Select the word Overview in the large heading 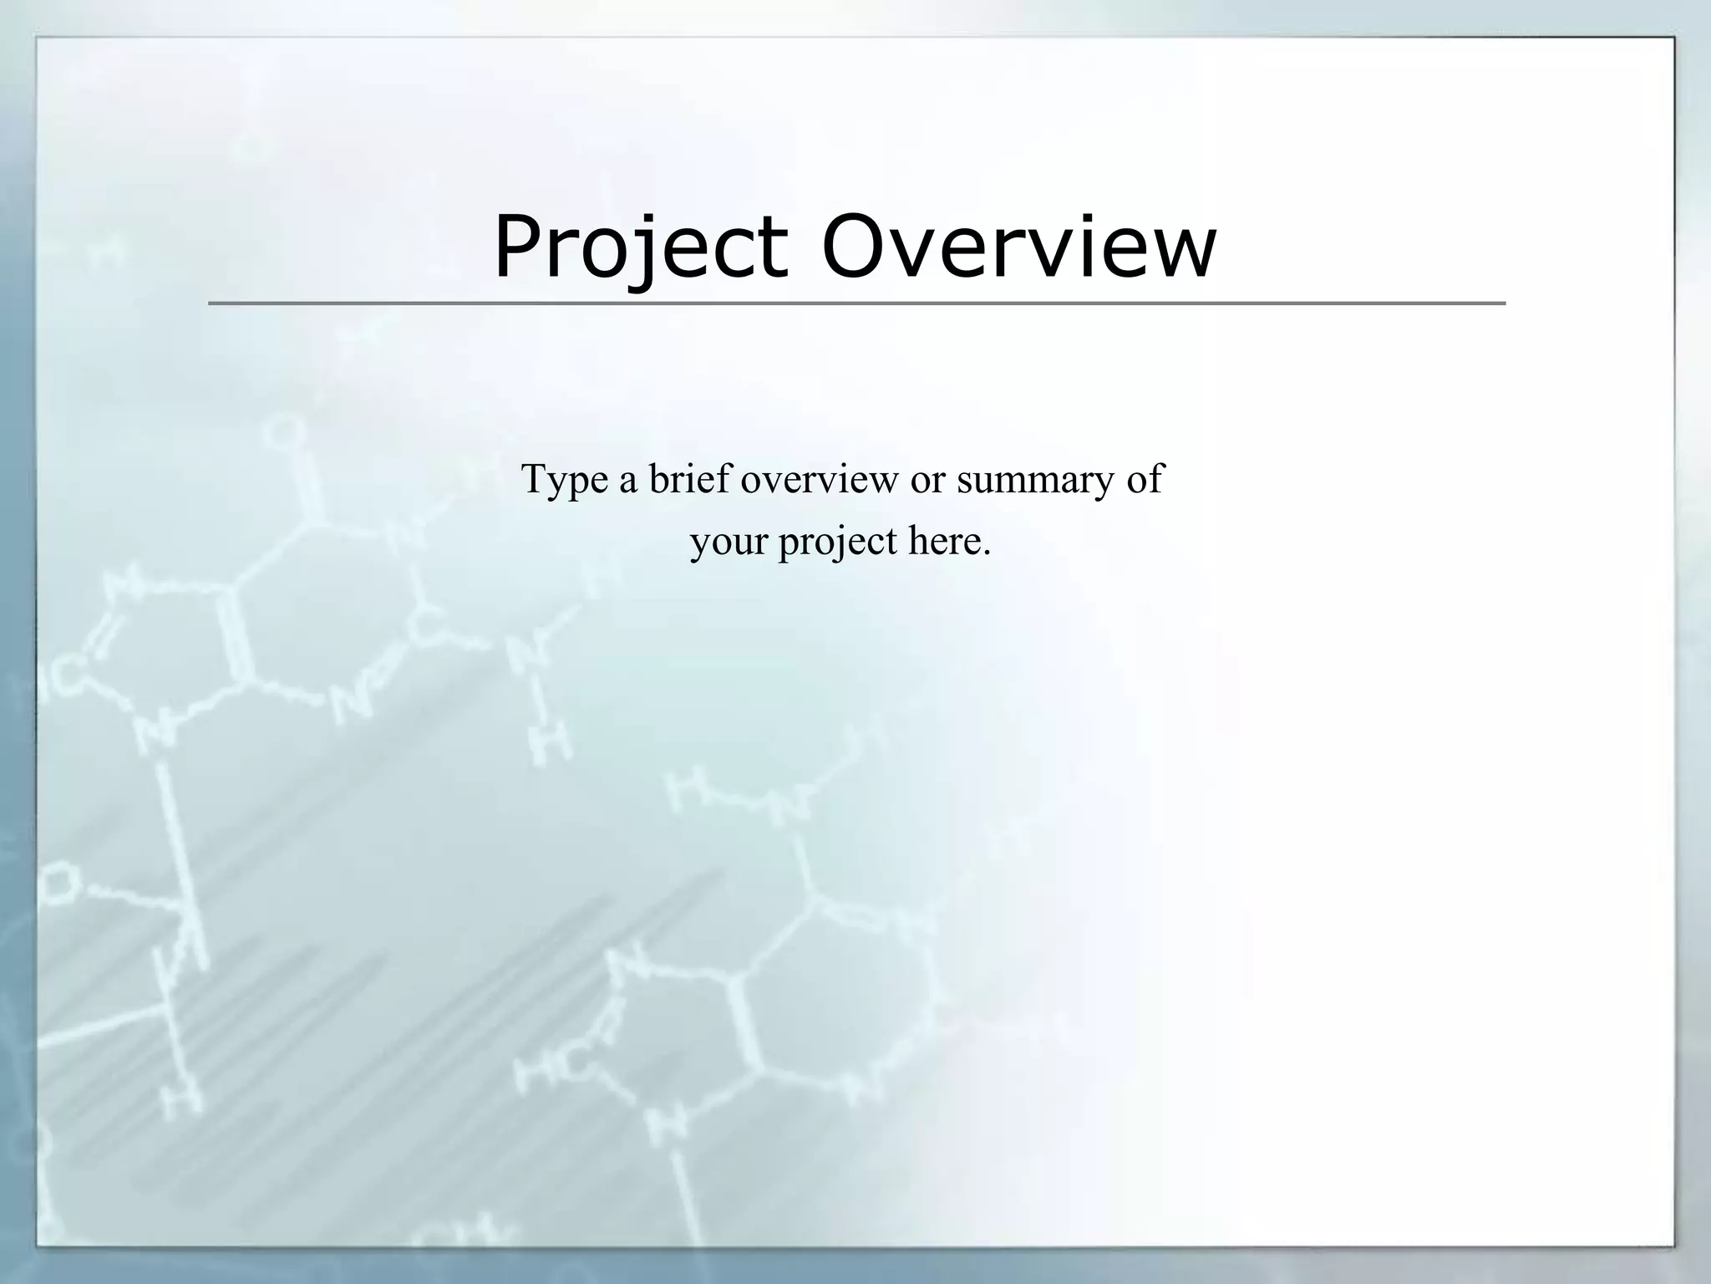(x=1019, y=248)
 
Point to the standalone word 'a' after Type (x=627, y=481)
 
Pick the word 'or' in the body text (x=927, y=481)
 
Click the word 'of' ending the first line (x=1145, y=478)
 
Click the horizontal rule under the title (x=856, y=303)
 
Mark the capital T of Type (x=536, y=478)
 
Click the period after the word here (x=987, y=553)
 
